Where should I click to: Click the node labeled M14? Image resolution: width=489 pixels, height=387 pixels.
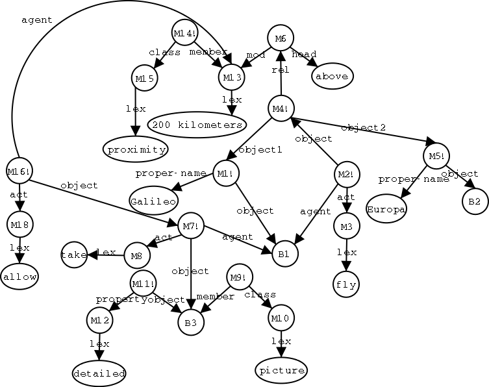click(185, 32)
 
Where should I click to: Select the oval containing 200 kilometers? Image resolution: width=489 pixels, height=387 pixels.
click(195, 124)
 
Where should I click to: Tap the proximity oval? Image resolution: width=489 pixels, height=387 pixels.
click(135, 149)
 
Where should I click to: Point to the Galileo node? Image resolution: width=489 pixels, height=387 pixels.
click(153, 201)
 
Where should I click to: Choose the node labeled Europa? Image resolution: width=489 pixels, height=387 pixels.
click(386, 210)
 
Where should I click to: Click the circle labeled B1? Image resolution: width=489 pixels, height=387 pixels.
click(283, 253)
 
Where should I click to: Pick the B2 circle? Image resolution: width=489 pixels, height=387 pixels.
click(475, 202)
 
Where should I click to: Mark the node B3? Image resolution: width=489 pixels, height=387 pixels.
click(191, 321)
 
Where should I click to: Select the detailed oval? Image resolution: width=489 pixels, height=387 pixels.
click(99, 373)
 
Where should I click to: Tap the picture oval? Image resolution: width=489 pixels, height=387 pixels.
click(281, 370)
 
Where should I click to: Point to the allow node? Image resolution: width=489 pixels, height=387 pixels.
click(19, 277)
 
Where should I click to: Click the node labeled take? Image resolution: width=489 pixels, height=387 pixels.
click(73, 255)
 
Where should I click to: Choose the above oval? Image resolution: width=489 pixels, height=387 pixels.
click(332, 76)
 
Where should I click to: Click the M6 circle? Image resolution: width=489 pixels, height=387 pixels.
click(280, 38)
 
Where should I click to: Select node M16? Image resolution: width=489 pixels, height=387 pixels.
click(19, 171)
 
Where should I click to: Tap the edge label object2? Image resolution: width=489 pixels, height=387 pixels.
click(364, 127)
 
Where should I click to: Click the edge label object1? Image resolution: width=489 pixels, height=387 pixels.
click(260, 150)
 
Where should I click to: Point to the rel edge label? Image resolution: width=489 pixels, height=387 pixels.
click(280, 71)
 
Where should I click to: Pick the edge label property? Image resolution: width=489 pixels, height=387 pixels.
click(114, 299)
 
